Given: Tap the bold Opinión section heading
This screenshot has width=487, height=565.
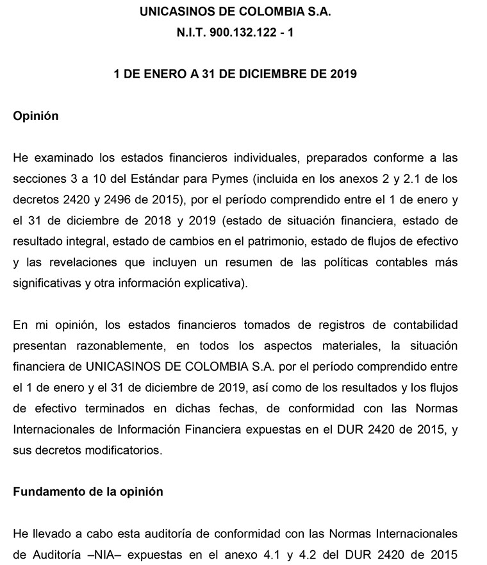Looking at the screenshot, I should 36,116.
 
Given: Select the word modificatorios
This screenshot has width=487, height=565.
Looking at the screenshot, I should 104,450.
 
